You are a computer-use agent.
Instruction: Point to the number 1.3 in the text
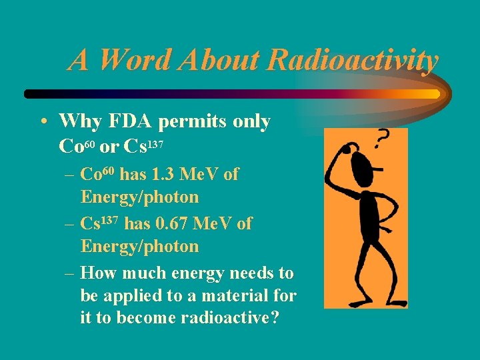[x=165, y=175]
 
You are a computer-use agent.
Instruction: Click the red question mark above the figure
[x=382, y=139]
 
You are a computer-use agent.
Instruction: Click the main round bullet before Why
[x=43, y=122]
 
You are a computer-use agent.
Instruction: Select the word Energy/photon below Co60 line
[x=140, y=197]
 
